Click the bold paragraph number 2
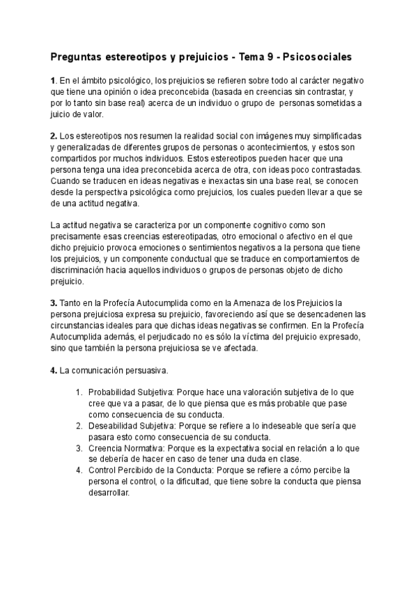coord(54,135)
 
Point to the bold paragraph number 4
coord(54,370)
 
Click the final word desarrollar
coord(109,493)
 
